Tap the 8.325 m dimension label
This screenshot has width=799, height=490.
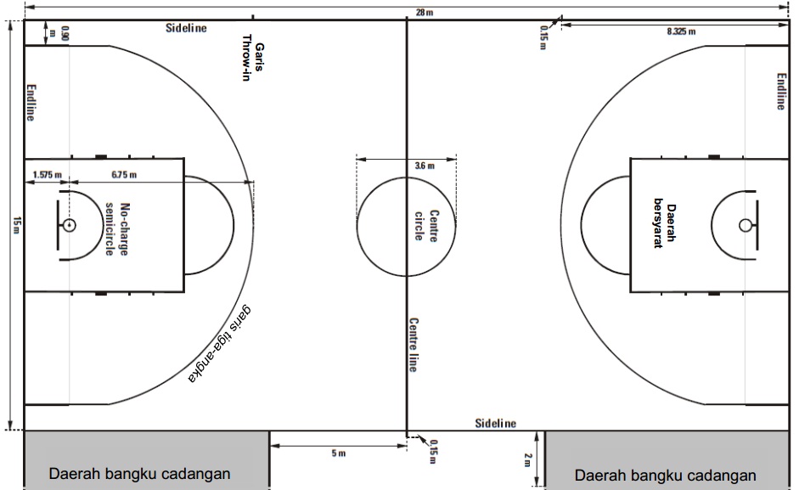coord(680,31)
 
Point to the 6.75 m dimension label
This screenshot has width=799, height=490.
coord(124,175)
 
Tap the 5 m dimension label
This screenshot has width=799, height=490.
coord(338,453)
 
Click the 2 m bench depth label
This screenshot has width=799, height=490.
coord(527,459)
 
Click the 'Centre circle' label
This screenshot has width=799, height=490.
coord(425,225)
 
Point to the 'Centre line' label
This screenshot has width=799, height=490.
coord(414,345)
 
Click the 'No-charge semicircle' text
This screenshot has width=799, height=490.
coord(117,229)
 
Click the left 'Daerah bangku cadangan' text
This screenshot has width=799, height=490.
coord(139,474)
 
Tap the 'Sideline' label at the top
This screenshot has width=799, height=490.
coord(186,28)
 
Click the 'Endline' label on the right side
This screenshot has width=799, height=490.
coord(781,92)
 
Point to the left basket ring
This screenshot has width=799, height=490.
coord(68,225)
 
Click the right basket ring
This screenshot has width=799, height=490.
coord(745,225)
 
